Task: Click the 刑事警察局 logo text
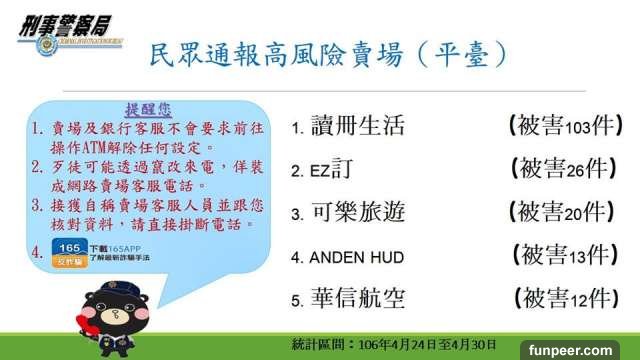(x=65, y=25)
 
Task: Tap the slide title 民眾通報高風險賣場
(x=276, y=55)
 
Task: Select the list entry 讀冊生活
(x=358, y=125)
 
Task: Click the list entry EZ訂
(x=331, y=169)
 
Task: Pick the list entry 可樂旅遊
(x=358, y=212)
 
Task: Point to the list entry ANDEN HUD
(x=357, y=258)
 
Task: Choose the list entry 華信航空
(x=358, y=298)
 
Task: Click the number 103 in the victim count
(x=578, y=128)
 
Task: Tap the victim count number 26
(x=575, y=171)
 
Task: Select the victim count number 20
(x=573, y=214)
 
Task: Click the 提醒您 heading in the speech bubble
(x=148, y=109)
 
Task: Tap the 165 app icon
(x=70, y=253)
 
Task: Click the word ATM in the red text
(x=94, y=148)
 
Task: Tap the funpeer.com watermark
(x=570, y=350)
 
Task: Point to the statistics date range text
(x=394, y=345)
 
